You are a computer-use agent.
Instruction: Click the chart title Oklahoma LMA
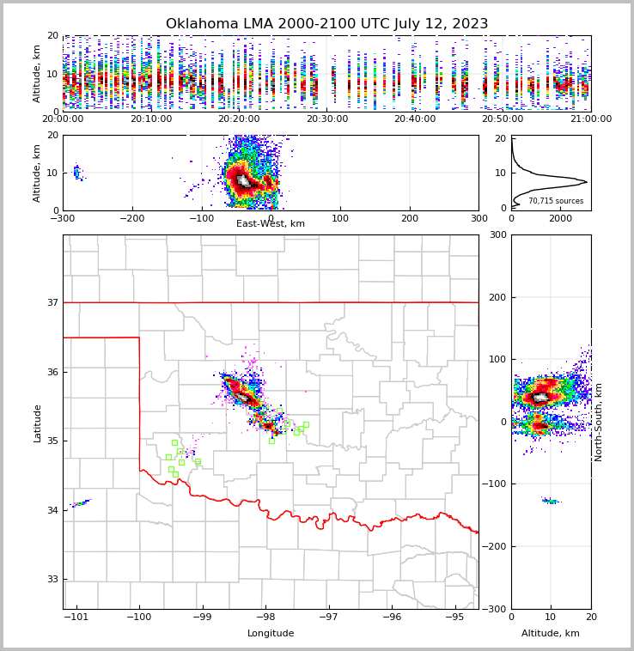point(326,24)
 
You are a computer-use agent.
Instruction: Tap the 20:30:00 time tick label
point(326,119)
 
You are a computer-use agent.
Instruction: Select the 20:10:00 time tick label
point(150,119)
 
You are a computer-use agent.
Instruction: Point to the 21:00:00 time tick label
point(590,119)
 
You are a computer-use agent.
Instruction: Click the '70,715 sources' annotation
point(556,201)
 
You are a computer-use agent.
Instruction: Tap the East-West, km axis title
point(271,224)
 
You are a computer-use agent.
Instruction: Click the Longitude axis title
point(271,634)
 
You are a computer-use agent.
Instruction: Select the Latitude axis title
point(37,423)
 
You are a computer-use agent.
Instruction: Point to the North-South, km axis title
point(599,422)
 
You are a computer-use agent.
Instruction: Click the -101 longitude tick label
point(76,617)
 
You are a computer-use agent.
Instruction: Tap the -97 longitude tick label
point(328,617)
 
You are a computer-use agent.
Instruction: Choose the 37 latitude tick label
point(52,303)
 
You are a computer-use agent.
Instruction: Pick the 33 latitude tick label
point(52,580)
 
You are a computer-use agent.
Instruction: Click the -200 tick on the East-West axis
point(131,218)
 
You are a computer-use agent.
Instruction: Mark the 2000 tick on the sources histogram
point(560,218)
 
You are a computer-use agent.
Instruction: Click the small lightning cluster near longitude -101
point(81,503)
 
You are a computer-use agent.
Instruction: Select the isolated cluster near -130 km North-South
point(550,501)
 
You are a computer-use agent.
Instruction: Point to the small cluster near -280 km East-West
point(76,172)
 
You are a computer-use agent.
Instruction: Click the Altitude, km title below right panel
point(550,634)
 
